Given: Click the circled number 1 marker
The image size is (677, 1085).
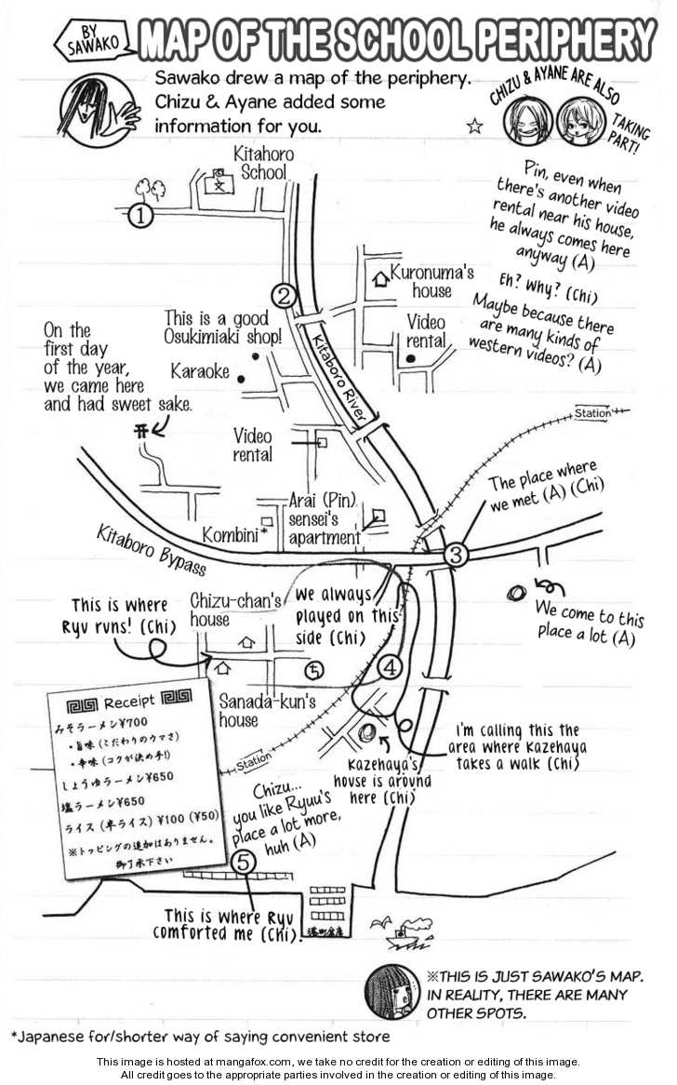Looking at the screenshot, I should pyautogui.click(x=139, y=217).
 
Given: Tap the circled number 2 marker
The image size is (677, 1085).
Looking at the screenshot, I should pyautogui.click(x=285, y=297).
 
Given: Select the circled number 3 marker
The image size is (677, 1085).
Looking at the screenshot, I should pyautogui.click(x=456, y=556).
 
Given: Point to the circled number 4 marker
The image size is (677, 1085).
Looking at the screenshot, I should pyautogui.click(x=390, y=666).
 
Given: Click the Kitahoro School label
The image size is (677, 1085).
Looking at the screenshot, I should pyautogui.click(x=263, y=165).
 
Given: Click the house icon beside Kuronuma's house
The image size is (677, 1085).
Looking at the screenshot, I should pyautogui.click(x=378, y=277).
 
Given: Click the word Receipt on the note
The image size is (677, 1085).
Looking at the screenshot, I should pyautogui.click(x=129, y=703).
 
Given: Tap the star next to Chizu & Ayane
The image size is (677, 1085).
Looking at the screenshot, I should pyautogui.click(x=475, y=126).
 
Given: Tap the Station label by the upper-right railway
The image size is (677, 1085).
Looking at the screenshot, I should pyautogui.click(x=592, y=413).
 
